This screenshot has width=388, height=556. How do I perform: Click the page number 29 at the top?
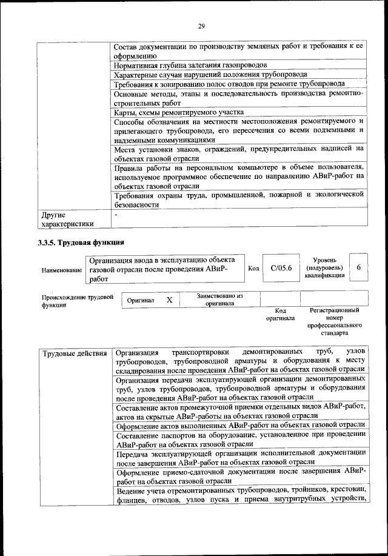point(201,25)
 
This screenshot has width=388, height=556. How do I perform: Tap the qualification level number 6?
point(358,267)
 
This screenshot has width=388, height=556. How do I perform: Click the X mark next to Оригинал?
point(170,300)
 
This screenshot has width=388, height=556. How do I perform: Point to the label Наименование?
point(61,269)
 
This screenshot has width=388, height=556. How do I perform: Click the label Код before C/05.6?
point(254,268)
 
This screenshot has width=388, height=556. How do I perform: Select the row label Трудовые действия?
point(74,353)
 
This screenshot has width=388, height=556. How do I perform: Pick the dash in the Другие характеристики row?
point(116,215)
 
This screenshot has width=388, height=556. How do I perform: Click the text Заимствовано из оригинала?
point(219,300)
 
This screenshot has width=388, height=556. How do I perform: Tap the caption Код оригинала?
point(280,314)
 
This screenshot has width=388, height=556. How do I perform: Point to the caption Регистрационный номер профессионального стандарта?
point(338,322)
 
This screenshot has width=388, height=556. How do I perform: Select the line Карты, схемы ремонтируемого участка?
point(179,112)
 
